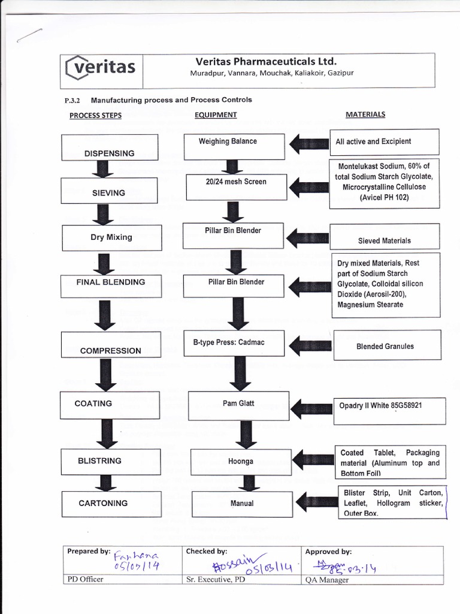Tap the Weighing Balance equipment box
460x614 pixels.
pos(234,146)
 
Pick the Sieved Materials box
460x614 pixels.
pos(383,236)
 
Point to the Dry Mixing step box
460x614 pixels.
pos(111,237)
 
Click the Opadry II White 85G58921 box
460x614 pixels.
pos(389,410)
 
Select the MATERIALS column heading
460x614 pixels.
pos(365,114)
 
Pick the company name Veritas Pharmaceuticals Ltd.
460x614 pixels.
pos(266,61)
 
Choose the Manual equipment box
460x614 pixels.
pos(242,504)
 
